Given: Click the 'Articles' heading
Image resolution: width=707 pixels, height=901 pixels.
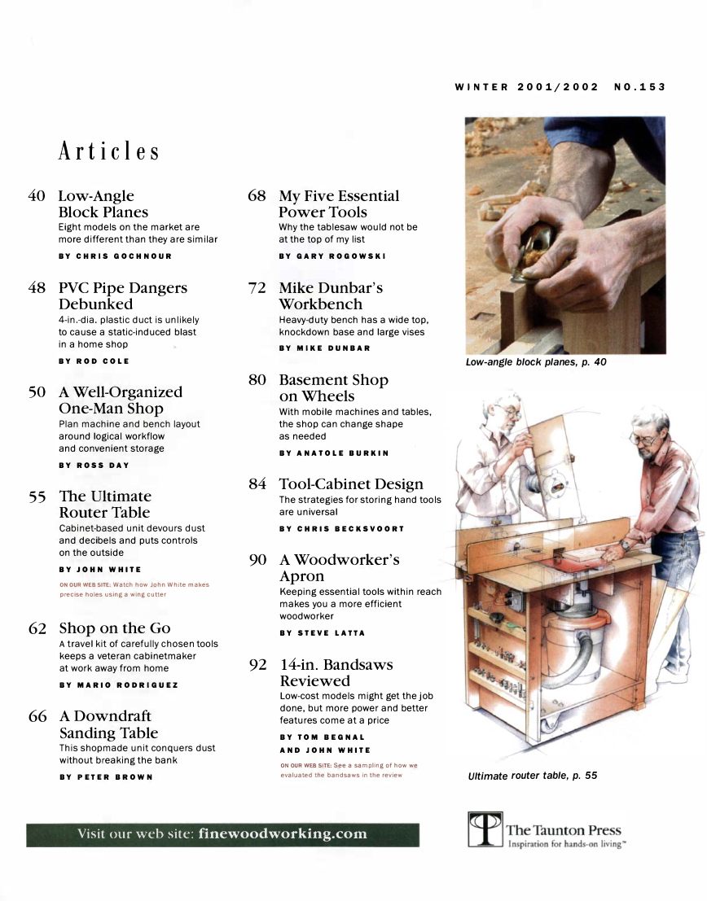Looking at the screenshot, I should (x=108, y=152).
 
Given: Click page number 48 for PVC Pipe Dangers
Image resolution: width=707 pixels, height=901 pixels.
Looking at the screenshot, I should (x=37, y=288).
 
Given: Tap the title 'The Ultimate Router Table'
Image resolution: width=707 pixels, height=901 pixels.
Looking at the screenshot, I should (x=104, y=504).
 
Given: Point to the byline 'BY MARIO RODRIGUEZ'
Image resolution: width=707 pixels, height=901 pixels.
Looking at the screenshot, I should (x=118, y=684).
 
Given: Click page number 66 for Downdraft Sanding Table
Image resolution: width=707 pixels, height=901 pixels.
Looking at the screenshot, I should (x=37, y=717).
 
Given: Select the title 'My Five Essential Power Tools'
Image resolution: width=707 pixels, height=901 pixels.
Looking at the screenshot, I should (x=338, y=203).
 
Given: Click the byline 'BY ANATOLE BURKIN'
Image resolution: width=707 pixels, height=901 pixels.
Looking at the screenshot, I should (x=334, y=453).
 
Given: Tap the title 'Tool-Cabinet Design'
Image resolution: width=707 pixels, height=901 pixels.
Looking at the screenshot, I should (x=351, y=484).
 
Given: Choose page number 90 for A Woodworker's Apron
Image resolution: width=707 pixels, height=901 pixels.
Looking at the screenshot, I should (x=257, y=560).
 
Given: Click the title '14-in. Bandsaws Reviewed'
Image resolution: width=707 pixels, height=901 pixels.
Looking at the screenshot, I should (x=336, y=672).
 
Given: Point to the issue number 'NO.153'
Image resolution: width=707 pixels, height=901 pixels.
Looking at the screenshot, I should (x=639, y=87).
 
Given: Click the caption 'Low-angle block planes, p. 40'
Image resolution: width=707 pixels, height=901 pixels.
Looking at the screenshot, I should (x=535, y=361).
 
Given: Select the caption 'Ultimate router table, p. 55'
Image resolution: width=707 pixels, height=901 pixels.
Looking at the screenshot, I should (x=532, y=776).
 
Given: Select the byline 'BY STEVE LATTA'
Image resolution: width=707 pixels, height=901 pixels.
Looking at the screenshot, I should (x=322, y=632).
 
